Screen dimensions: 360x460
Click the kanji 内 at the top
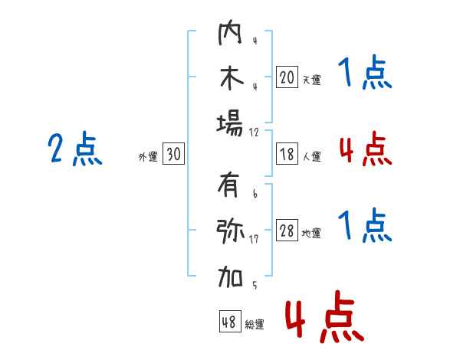pyautogui.click(x=230, y=34)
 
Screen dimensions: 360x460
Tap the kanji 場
pyautogui.click(x=230, y=123)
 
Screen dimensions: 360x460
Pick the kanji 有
pyautogui.click(x=230, y=186)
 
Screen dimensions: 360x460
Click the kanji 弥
pyautogui.click(x=230, y=231)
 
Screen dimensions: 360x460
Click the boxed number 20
pyautogui.click(x=287, y=77)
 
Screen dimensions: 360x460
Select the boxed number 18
pyautogui.click(x=287, y=154)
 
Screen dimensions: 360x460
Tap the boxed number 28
pyautogui.click(x=287, y=231)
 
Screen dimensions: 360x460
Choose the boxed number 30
pyautogui.click(x=173, y=155)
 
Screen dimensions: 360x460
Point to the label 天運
pyautogui.click(x=311, y=79)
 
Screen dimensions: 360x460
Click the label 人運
pyautogui.click(x=311, y=156)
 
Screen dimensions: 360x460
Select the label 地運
pyautogui.click(x=311, y=234)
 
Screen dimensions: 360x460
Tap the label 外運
pyautogui.click(x=148, y=156)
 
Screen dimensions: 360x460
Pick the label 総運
pyautogui.click(x=255, y=325)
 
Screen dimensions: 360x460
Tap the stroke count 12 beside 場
pyautogui.click(x=254, y=132)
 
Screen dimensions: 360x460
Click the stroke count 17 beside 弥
pyautogui.click(x=254, y=240)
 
